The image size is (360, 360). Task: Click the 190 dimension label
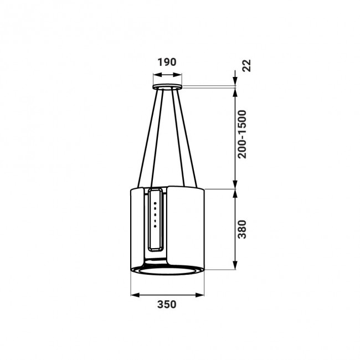tap(167, 62)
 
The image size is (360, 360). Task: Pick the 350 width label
tap(167, 304)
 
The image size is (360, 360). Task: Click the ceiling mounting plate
tap(167, 88)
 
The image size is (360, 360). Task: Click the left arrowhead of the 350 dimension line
tap(133, 294)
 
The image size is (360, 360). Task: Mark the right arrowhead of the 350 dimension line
tap(202, 294)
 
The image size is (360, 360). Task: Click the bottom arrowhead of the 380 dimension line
tap(236, 268)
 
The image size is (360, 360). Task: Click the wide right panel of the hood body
tap(187, 227)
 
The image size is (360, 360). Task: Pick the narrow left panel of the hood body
tap(138, 227)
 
